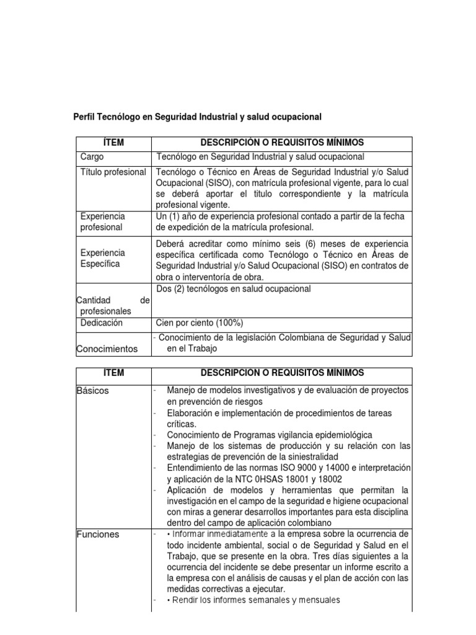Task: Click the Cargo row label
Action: click(x=92, y=157)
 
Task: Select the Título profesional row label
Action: click(x=113, y=172)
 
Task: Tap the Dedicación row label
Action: click(x=102, y=323)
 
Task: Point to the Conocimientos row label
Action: click(x=107, y=349)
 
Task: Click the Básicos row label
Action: click(x=92, y=391)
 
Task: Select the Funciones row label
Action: click(x=98, y=534)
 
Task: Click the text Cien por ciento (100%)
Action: click(x=200, y=323)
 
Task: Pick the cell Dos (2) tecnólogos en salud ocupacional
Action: click(x=234, y=289)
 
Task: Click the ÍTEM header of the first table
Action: click(x=113, y=143)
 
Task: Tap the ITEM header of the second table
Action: click(x=113, y=373)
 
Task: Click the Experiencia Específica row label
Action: click(x=102, y=259)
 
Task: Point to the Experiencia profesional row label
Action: click(x=102, y=221)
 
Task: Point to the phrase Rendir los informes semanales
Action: click(x=228, y=600)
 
